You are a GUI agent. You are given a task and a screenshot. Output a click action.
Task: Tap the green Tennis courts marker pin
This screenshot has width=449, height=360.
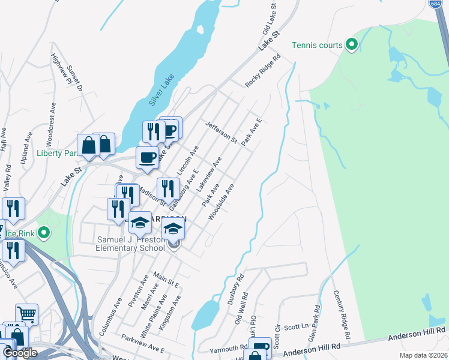point(352,44)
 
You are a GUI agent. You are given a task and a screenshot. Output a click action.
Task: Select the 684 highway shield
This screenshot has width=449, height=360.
point(436,4)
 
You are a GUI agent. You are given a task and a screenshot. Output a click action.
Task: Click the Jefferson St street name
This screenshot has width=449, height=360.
point(221,131)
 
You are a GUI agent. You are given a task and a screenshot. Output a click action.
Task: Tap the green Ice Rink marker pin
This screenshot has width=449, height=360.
point(43,232)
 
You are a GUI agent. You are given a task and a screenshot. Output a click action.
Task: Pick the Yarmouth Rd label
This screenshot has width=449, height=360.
point(229,348)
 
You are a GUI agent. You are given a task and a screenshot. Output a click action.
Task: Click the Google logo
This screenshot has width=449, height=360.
point(20,353)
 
